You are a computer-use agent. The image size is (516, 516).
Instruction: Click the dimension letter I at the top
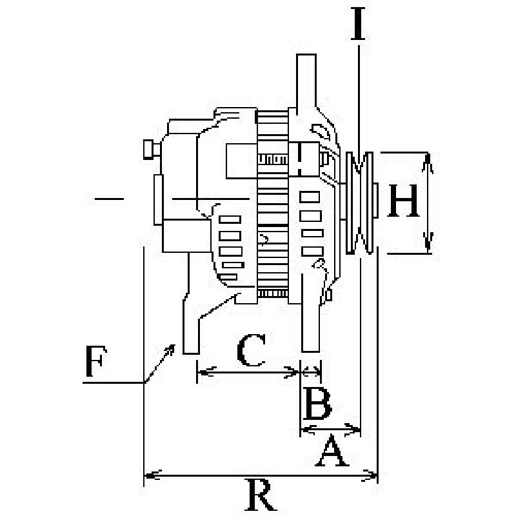pos(358,24)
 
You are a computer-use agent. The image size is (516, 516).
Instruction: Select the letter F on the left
pos(95,361)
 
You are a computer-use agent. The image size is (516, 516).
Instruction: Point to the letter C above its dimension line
pos(251,350)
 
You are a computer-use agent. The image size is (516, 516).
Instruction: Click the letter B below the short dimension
pos(317,404)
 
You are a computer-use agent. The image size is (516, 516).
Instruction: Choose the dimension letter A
pos(332,451)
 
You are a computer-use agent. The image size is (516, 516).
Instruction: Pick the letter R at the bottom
pos(261,495)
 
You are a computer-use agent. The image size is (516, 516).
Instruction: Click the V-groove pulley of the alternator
pos(359,203)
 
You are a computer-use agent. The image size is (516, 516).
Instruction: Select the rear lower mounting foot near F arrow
pos(191,324)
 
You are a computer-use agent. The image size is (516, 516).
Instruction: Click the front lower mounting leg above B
pos(311,313)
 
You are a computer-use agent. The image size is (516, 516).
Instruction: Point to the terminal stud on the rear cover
pos(152,150)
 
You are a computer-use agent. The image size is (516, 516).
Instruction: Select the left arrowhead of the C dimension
pos(206,372)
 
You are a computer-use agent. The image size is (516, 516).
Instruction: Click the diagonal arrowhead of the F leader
pos(170,350)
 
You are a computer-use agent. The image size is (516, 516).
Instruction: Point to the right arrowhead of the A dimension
pos(353,429)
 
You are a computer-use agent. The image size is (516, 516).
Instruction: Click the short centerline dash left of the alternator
pos(109,199)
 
